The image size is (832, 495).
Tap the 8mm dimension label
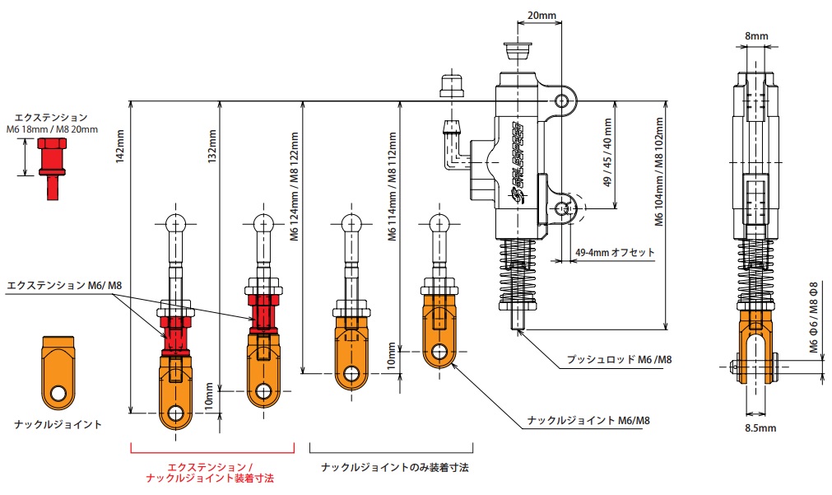click(x=755, y=35)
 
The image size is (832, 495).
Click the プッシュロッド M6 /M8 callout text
click(x=619, y=360)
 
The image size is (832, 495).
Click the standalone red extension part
click(x=51, y=166)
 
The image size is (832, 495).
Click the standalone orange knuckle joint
click(x=57, y=372)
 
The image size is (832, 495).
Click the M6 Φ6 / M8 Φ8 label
click(x=813, y=320)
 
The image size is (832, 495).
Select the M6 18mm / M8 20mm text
click(x=51, y=129)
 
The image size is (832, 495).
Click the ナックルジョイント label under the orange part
click(x=58, y=424)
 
